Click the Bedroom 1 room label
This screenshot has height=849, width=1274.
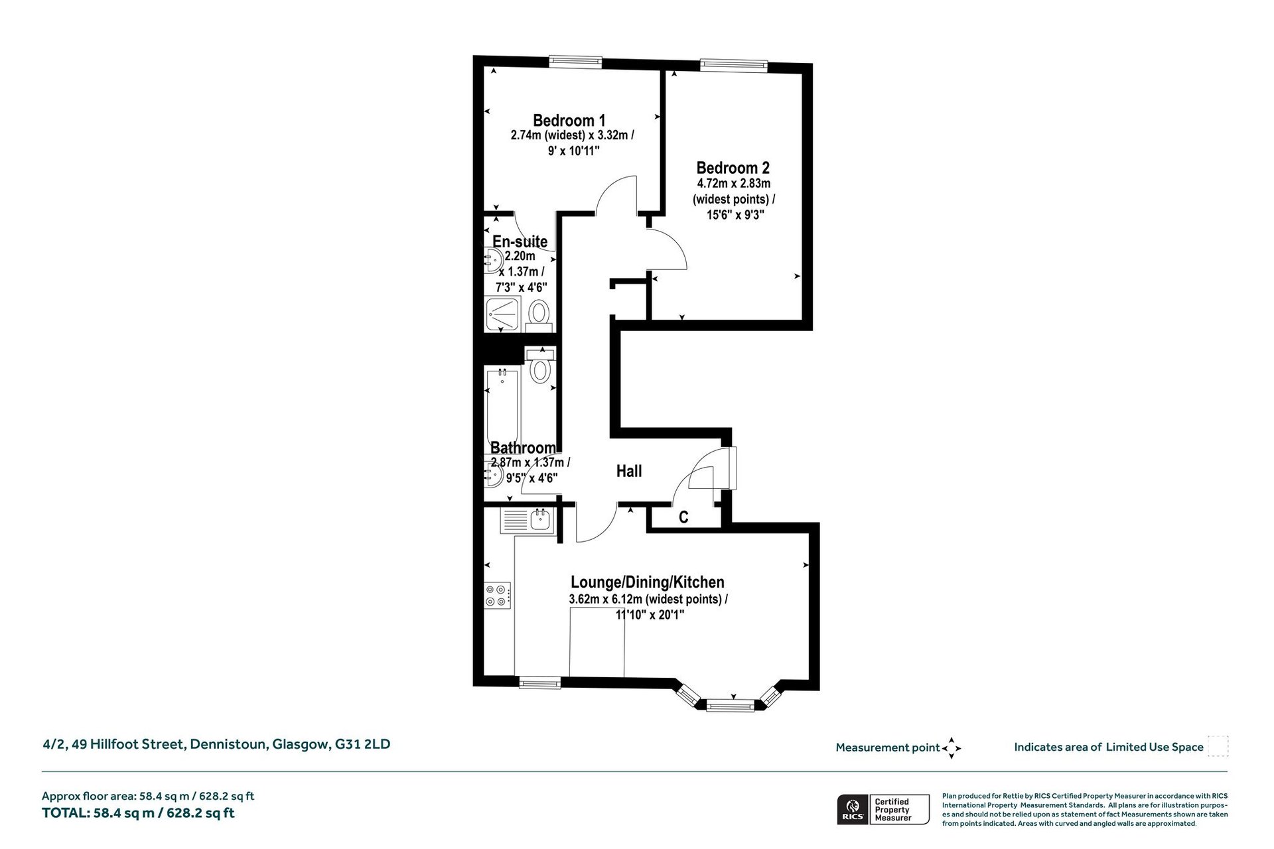pyautogui.click(x=569, y=121)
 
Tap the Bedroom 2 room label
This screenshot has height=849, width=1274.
pyautogui.click(x=733, y=168)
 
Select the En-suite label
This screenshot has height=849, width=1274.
pyautogui.click(x=520, y=241)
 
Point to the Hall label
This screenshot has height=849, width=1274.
pyautogui.click(x=629, y=471)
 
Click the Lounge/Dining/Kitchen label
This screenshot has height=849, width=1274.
pyautogui.click(x=648, y=582)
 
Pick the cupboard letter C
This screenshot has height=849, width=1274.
pyautogui.click(x=683, y=517)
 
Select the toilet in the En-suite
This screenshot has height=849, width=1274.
pyautogui.click(x=539, y=315)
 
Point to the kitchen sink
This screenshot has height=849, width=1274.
pyautogui.click(x=528, y=521)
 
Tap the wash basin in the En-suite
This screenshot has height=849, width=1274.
pyautogui.click(x=494, y=261)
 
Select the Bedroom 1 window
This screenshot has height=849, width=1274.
pyautogui.click(x=575, y=61)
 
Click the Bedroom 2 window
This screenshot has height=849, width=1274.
pyautogui.click(x=734, y=65)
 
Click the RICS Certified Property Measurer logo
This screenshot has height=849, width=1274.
pyautogui.click(x=875, y=809)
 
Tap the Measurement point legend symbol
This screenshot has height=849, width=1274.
pyautogui.click(x=952, y=748)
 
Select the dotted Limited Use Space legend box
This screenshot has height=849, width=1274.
pyautogui.click(x=1218, y=746)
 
